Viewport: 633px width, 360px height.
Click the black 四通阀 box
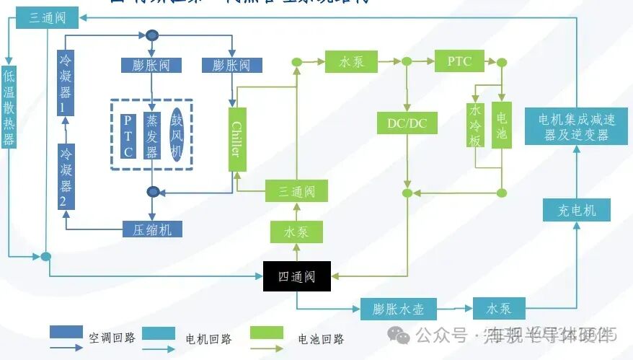[x=296, y=276]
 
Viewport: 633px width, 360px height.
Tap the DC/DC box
[x=407, y=123]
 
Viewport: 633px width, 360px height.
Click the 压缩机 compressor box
[x=151, y=229]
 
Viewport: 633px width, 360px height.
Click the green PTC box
[x=459, y=61]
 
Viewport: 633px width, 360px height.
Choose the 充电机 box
[x=576, y=210]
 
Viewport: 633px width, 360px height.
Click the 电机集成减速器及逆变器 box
[x=575, y=126]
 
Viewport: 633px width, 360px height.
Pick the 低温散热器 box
[x=9, y=107]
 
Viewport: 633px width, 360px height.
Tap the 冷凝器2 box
[x=66, y=176]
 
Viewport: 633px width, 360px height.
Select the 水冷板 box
[x=475, y=125]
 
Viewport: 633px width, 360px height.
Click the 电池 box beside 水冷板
[x=501, y=125]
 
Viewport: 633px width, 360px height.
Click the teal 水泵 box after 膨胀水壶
[x=499, y=308]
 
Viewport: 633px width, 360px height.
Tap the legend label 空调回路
[x=111, y=337]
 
